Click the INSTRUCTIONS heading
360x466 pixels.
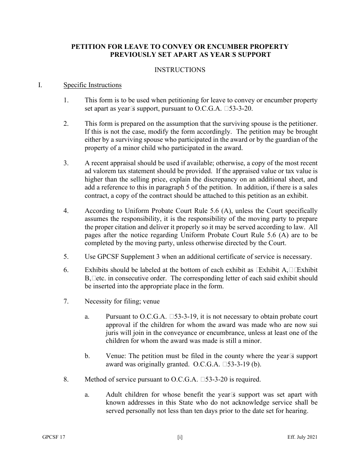coord(180,70)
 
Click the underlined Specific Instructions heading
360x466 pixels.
coord(92,85)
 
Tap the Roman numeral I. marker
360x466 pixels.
coord(40,85)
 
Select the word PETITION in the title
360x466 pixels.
coord(87,47)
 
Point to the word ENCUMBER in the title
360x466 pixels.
coord(213,47)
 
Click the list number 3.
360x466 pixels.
coord(66,163)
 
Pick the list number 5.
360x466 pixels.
coord(66,256)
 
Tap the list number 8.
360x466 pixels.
coord(66,379)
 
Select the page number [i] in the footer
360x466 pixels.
coord(180,437)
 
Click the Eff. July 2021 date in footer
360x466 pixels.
coord(302,437)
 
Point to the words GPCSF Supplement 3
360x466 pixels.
coord(122,256)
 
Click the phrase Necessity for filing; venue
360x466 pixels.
coord(122,302)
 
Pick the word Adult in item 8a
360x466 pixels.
coord(114,395)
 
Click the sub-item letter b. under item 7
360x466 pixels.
coord(87,356)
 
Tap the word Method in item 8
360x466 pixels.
coord(96,379)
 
